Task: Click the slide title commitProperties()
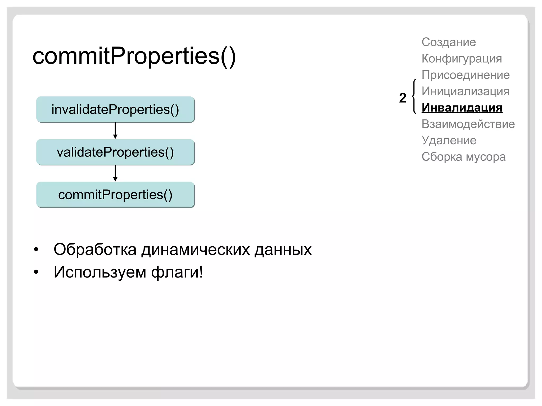[134, 56]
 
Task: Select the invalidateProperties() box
[115, 109]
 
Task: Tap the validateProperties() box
[115, 152]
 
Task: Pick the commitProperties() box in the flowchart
[115, 195]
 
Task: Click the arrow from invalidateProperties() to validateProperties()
[115, 131]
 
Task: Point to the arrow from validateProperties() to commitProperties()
[115, 173]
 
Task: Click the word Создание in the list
[449, 42]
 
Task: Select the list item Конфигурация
[462, 59]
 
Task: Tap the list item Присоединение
[466, 75]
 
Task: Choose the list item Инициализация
[465, 91]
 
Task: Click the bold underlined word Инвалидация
[462, 108]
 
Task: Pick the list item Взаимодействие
[468, 124]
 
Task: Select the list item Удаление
[449, 140]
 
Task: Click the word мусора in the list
[486, 157]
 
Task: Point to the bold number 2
[403, 98]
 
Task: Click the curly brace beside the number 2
[414, 96]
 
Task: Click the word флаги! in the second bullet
[177, 272]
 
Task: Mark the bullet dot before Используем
[36, 272]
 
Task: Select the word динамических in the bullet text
[195, 249]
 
